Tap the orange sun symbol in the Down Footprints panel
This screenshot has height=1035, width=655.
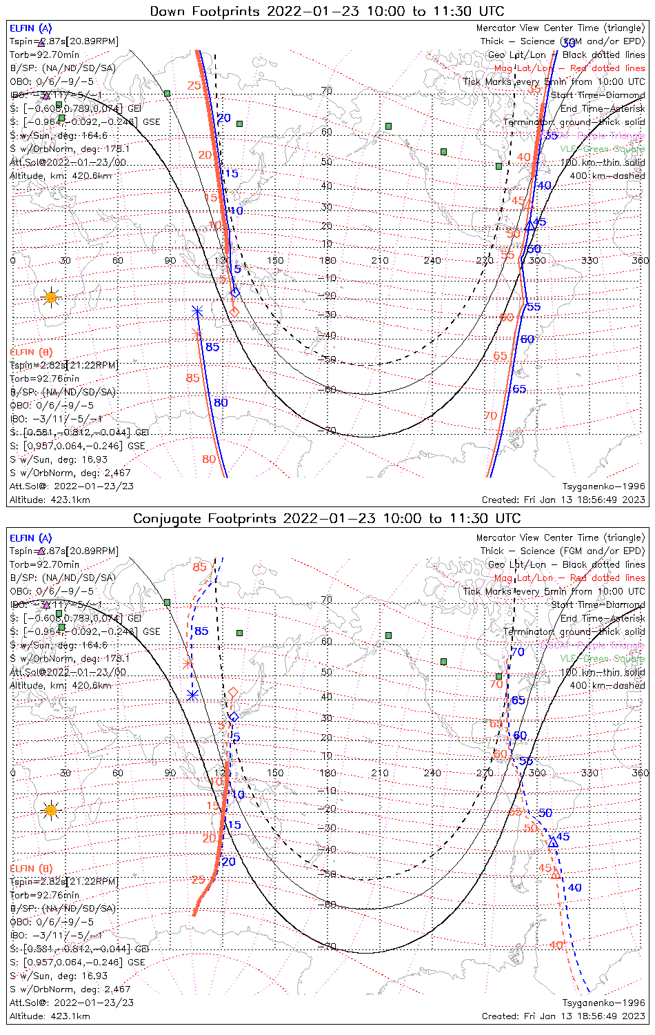[x=50, y=297]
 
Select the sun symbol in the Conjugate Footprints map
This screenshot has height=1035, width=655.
[x=50, y=809]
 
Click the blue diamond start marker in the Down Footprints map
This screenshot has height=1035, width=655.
[x=235, y=293]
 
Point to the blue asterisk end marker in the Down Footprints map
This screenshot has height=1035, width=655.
[x=197, y=311]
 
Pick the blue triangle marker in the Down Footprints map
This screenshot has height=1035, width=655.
[x=530, y=226]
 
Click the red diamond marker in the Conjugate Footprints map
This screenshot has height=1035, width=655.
[x=233, y=692]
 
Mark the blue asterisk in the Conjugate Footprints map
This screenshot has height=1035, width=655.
[x=193, y=695]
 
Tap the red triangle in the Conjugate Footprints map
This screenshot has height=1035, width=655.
[x=556, y=874]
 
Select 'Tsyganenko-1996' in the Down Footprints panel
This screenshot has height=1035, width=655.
[x=603, y=486]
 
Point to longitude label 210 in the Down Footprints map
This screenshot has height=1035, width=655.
[x=380, y=260]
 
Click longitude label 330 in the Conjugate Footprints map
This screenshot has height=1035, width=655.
[x=589, y=773]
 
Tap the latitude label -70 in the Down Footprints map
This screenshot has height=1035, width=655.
[x=330, y=431]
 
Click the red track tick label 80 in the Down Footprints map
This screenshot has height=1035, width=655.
[x=209, y=459]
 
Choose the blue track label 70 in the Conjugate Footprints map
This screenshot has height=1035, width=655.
[x=518, y=652]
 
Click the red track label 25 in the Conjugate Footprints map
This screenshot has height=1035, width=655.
[x=199, y=880]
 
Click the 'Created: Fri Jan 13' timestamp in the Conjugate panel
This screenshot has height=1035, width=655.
[x=563, y=1016]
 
